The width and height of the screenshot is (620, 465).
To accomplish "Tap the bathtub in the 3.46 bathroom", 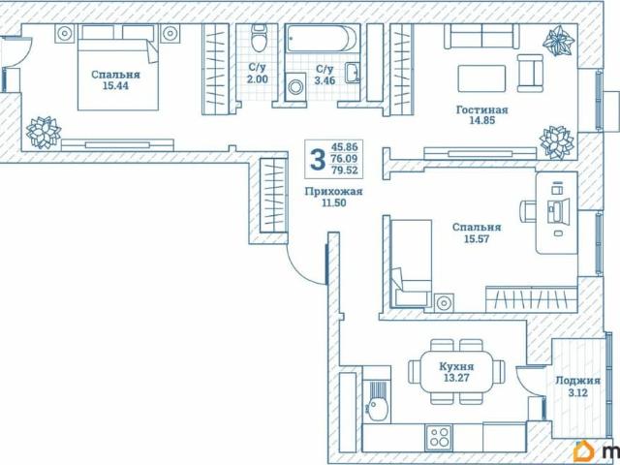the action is pos(322,39).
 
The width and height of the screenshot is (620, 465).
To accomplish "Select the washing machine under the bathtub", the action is pos(294,86).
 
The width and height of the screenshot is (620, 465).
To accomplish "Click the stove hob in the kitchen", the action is pos(439,437).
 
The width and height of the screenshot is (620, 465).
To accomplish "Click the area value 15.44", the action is pos(115,85).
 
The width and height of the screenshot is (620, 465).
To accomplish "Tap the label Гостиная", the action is pos(481,109).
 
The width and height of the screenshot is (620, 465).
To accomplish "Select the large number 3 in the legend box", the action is pos(318,159).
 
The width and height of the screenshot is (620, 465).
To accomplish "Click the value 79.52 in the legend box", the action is pos(345,170).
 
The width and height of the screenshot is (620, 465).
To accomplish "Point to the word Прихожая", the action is pos(333,192).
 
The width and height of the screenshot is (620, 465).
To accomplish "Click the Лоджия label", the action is pos(577,381).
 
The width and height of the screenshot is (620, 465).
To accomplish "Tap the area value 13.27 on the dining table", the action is pos(456,378).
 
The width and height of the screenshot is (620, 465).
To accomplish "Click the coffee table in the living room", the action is pos(481,78).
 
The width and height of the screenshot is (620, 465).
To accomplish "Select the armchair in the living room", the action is pos(530,73).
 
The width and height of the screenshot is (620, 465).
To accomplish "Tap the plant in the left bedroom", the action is pos(44,133).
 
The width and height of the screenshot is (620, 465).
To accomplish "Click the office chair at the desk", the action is pos(527,211).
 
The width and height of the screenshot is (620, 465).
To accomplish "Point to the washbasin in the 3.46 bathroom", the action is pos(352,73).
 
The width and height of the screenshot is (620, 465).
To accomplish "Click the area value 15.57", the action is pos(477,239).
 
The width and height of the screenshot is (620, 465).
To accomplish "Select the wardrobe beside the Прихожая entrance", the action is pos(273,196).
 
